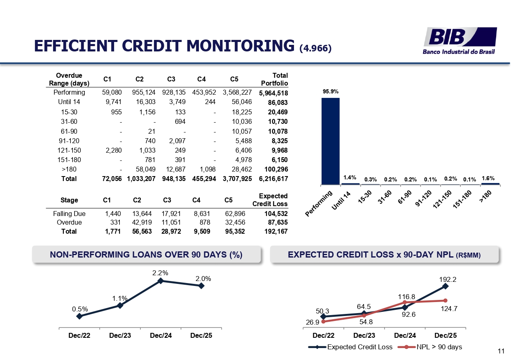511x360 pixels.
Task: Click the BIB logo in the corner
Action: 460,40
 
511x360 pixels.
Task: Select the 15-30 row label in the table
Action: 69,112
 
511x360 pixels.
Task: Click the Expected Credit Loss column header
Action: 270,200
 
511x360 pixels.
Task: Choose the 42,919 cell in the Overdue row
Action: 142,222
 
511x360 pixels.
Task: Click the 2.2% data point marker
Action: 160,281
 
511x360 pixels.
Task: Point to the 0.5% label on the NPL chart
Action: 80,309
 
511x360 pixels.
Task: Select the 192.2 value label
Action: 448,279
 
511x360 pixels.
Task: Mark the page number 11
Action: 501,351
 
